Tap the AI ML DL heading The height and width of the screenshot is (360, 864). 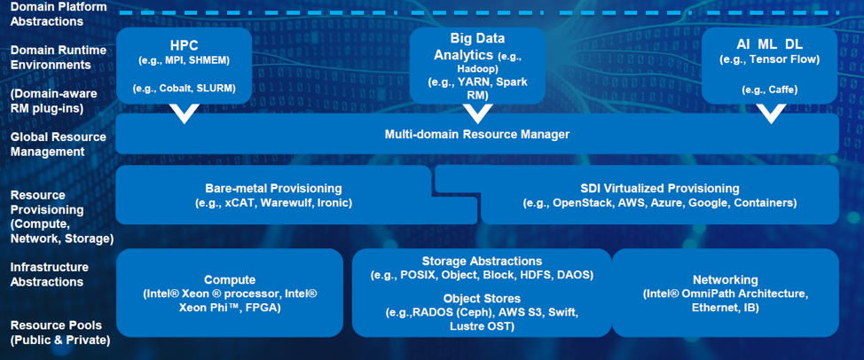[769, 44]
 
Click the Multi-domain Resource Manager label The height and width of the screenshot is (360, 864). [476, 134]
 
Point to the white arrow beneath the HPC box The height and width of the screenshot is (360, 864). [184, 114]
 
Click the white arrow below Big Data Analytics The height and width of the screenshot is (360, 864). [477, 114]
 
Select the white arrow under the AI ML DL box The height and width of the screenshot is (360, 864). [770, 114]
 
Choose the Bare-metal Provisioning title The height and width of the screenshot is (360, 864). [274, 189]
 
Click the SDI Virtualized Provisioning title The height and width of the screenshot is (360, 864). [660, 189]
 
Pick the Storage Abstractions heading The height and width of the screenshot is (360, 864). [482, 261]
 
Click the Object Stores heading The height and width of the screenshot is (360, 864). [482, 299]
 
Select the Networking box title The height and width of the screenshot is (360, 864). [725, 280]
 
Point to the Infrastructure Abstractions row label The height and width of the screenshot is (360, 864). [49, 275]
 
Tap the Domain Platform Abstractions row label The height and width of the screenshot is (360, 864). [51, 14]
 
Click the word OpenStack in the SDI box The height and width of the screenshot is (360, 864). [577, 203]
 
